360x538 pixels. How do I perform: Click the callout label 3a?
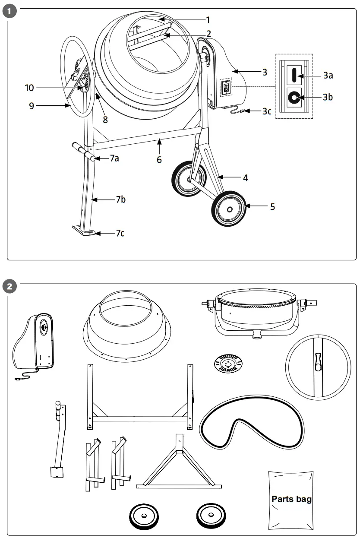click(x=328, y=75)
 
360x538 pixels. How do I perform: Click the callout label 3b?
click(x=328, y=97)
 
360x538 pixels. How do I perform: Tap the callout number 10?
click(x=29, y=88)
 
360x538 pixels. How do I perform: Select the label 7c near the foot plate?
click(x=120, y=233)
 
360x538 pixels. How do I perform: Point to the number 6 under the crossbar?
click(x=159, y=160)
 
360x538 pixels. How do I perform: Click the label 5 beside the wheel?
click(x=272, y=206)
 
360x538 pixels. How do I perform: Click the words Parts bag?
click(x=291, y=499)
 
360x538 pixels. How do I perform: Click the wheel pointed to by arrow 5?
click(x=229, y=209)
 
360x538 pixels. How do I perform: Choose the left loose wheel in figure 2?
click(x=144, y=516)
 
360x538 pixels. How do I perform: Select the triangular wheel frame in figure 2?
click(x=178, y=466)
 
